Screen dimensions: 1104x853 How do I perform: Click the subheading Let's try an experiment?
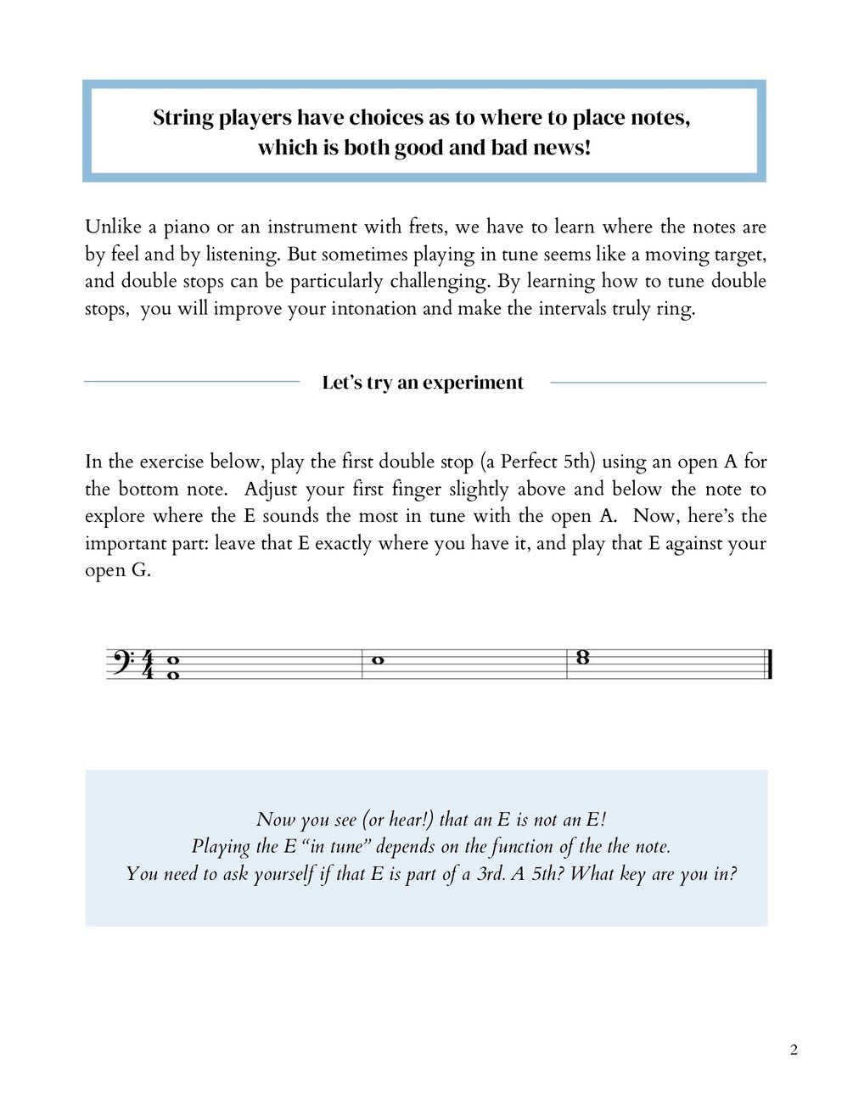click(423, 383)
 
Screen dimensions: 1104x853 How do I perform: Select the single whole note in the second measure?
click(379, 660)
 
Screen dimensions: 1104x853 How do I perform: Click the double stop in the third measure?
click(582, 657)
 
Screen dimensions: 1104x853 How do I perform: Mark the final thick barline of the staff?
click(769, 664)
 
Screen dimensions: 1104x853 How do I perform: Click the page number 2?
click(794, 1051)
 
